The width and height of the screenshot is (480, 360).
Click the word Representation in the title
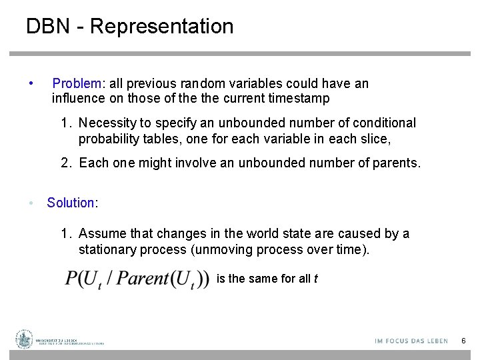point(161,27)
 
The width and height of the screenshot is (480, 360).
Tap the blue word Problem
point(77,84)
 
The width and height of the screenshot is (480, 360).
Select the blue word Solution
point(71,203)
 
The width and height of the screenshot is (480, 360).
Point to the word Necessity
point(107,123)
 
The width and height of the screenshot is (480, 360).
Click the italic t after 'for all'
point(315,279)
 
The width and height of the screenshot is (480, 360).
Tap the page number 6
point(463,341)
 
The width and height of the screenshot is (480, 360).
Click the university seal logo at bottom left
point(24,339)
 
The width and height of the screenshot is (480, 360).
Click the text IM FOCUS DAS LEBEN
point(411,341)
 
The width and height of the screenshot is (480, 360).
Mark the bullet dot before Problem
point(31,84)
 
